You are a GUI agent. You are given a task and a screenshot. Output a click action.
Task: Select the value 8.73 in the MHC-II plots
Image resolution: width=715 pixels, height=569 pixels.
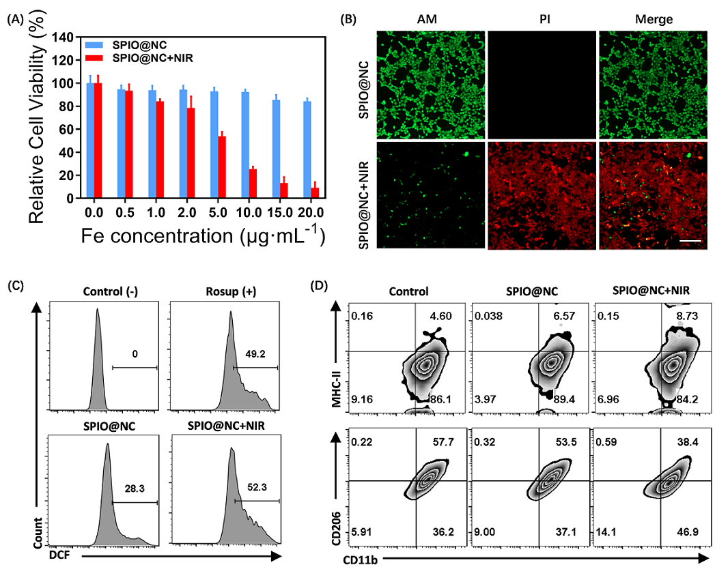pos(686,316)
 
